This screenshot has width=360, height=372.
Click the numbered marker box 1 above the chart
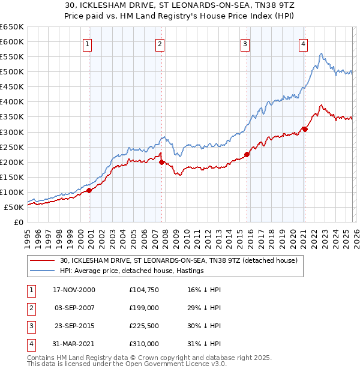[88, 44]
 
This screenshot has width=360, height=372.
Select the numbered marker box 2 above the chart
[160, 44]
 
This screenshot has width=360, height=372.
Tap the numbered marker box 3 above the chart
[245, 44]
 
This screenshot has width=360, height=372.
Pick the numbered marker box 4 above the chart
[304, 44]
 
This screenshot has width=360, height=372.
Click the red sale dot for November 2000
[89, 190]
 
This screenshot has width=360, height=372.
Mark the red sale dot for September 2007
[161, 162]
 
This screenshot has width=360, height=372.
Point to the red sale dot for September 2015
[247, 154]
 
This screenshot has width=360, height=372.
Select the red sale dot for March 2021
[305, 129]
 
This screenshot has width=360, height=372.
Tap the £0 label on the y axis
[18, 222]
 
